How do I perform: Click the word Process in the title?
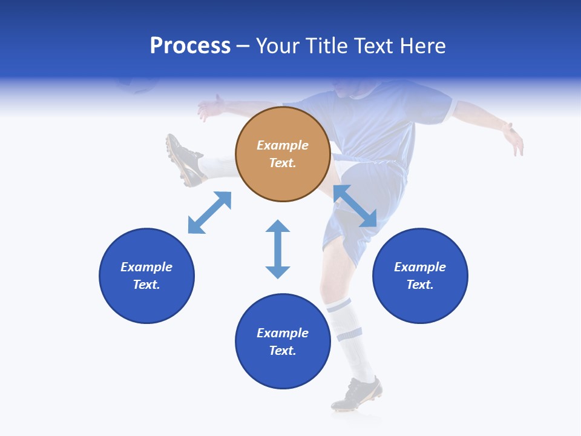(190, 46)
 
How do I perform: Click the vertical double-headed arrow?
(278, 249)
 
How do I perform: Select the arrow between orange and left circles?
(209, 213)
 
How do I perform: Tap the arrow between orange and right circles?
(355, 206)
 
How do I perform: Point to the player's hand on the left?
(211, 108)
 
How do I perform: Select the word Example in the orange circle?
(283, 145)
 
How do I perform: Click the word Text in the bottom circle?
(283, 351)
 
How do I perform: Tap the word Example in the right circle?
(420, 267)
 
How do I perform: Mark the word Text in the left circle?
(146, 285)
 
